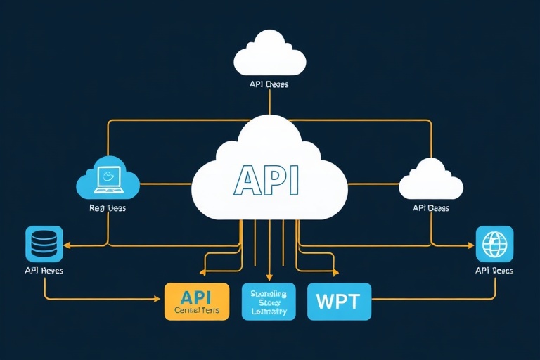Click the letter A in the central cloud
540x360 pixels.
(x=247, y=181)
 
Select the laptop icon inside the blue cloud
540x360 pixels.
(x=109, y=179)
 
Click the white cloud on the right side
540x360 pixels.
(x=430, y=181)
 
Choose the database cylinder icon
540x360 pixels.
(x=44, y=244)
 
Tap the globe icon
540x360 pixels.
(x=494, y=243)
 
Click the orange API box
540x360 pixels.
(x=196, y=301)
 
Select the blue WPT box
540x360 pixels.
(x=338, y=302)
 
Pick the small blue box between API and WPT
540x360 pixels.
(x=268, y=301)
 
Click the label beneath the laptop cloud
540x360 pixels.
(x=108, y=208)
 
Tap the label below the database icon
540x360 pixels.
(x=44, y=271)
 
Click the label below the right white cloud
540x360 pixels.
(x=430, y=208)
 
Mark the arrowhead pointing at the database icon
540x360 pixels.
(x=68, y=245)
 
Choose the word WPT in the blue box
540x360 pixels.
(x=338, y=302)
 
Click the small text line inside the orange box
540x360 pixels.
(x=196, y=309)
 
